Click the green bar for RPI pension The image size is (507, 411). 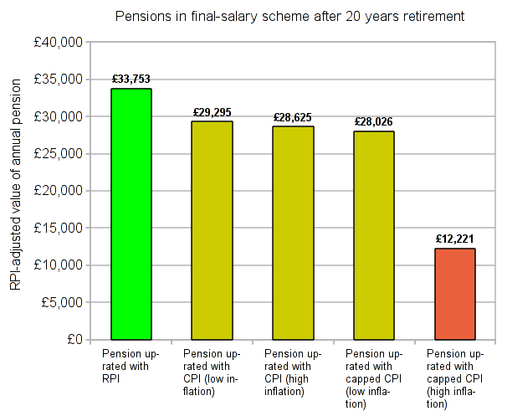131,213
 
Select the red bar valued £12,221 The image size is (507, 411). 454,294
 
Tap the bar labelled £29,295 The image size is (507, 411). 212,230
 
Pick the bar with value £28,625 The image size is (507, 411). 293,233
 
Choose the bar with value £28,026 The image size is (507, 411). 373,235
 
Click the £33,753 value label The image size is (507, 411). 131,80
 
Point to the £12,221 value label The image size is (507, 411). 454,239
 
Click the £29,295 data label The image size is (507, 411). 212,112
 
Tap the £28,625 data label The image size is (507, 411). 293,117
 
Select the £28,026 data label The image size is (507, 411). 373,121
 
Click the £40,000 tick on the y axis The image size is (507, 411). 59,42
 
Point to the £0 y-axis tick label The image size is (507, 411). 73,339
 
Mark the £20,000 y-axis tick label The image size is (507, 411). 59,191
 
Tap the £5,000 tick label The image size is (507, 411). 63,302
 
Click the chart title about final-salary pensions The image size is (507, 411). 289,17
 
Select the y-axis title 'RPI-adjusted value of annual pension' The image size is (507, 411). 16,191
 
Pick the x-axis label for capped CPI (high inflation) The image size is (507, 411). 454,378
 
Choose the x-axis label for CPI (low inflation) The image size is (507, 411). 212,372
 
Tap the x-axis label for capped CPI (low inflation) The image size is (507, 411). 373,378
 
